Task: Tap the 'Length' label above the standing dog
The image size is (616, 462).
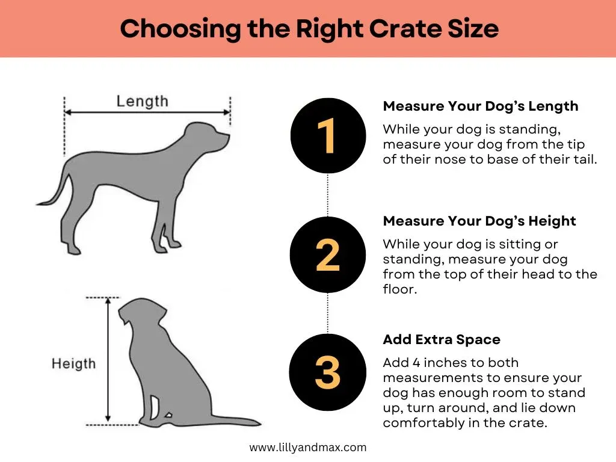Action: pos(143,100)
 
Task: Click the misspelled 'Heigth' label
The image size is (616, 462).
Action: pos(73,363)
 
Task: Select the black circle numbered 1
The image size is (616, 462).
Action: pos(327,135)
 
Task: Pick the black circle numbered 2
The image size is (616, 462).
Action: pos(327,254)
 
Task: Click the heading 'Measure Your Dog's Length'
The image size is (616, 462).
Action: pos(480,106)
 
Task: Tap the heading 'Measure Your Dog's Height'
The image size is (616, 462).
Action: pos(479,221)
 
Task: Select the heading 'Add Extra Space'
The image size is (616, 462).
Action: pos(441,339)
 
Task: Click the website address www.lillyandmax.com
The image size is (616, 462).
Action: pos(307,447)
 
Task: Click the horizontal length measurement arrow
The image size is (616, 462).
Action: pos(147,112)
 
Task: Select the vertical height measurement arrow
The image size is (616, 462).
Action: pos(108,361)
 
